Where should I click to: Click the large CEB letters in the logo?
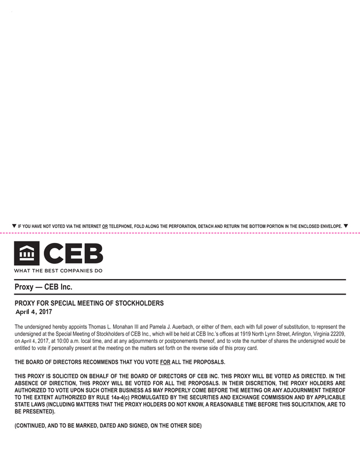pyautogui.click(x=73, y=254)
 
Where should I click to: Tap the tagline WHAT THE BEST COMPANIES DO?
pyautogui.click(x=58, y=271)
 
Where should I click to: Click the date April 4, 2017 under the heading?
pyautogui.click(x=33, y=312)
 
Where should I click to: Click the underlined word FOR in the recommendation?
pyautogui.click(x=164, y=362)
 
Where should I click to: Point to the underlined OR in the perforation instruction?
pyautogui.click(x=105, y=226)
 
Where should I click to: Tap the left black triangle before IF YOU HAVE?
pyautogui.click(x=14, y=226)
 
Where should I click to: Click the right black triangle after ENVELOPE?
pyautogui.click(x=346, y=226)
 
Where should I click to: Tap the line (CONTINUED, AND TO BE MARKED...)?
pyautogui.click(x=108, y=426)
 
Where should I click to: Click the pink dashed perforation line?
pyautogui.click(x=180, y=233)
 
